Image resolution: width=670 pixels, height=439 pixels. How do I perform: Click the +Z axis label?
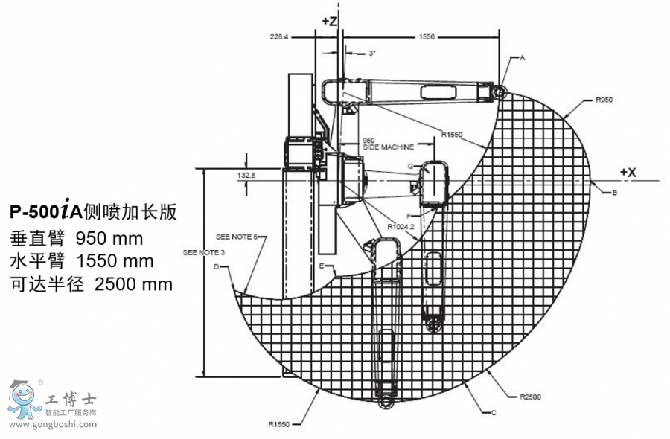point(330,22)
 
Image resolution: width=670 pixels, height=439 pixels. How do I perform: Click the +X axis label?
point(628,172)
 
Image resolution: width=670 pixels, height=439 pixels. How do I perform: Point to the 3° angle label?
point(372,54)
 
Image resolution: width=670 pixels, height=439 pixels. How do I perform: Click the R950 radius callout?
point(604,98)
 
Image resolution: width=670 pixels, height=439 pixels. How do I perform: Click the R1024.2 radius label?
point(401,227)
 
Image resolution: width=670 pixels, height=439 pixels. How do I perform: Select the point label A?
point(523,57)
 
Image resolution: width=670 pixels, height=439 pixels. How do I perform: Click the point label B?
point(614,193)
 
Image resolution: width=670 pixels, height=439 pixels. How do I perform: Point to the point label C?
point(494,411)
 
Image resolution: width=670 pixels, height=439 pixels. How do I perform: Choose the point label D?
point(217,266)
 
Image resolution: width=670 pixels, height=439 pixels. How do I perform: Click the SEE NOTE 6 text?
point(236,237)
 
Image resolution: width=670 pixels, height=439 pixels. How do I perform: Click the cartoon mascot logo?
point(25,403)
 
